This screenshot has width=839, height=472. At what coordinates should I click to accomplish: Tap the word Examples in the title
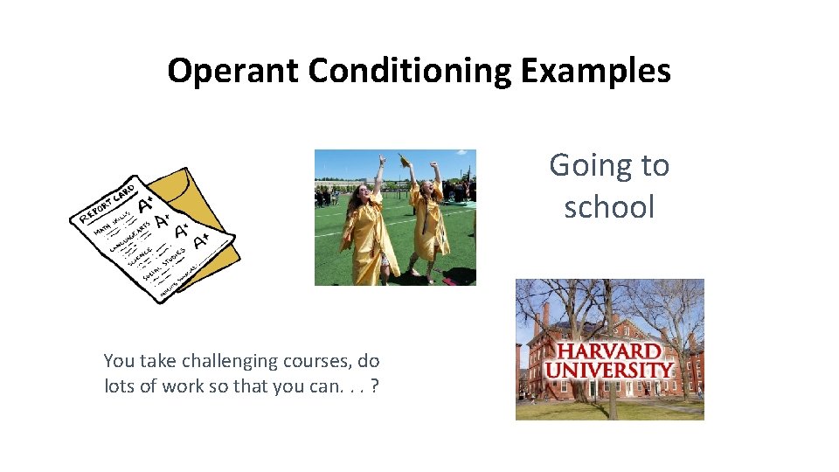tap(595, 71)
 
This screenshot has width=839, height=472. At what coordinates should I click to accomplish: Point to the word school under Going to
tap(609, 207)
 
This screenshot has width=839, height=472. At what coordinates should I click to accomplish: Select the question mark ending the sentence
tap(375, 386)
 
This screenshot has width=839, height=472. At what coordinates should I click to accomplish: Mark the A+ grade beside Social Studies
tap(200, 239)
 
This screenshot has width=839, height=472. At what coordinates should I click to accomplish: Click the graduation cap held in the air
tap(404, 160)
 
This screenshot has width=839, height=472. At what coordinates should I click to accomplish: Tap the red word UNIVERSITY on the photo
tap(609, 371)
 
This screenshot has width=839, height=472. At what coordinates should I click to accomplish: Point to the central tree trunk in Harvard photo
tap(609, 398)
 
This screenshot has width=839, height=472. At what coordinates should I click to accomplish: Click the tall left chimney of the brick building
tap(545, 315)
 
